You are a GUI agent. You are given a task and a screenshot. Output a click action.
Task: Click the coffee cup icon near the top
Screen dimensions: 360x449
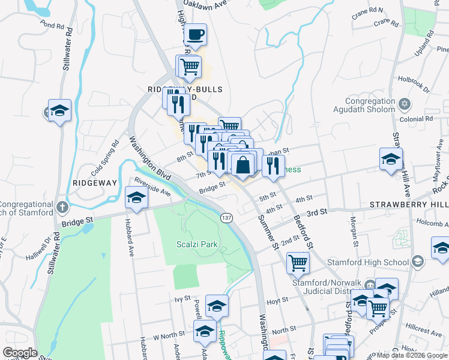tap(195, 35)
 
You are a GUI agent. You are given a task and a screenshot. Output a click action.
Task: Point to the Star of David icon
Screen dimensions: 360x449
tap(405, 105)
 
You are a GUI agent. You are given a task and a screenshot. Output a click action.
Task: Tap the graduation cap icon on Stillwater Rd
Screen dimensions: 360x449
tap(60, 110)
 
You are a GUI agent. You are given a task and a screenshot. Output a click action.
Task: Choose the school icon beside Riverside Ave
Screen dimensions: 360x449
tap(136, 198)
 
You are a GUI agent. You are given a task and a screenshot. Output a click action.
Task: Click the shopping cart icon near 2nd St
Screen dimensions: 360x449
tap(298, 262)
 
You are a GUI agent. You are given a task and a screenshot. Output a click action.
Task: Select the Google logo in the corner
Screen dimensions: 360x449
tap(20, 353)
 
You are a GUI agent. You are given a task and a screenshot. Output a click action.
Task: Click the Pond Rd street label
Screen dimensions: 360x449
tap(52, 26)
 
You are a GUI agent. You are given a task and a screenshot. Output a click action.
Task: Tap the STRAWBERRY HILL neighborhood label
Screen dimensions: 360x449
tap(409, 205)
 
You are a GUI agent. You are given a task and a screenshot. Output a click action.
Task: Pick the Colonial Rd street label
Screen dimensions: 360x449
tap(420, 119)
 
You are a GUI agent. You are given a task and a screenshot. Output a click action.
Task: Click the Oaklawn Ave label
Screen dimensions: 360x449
tap(211, 3)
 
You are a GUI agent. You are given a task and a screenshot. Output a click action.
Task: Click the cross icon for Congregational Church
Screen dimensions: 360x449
tap(62, 208)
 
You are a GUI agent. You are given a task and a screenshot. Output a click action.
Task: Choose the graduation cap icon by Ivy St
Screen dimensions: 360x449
tap(217, 306)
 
